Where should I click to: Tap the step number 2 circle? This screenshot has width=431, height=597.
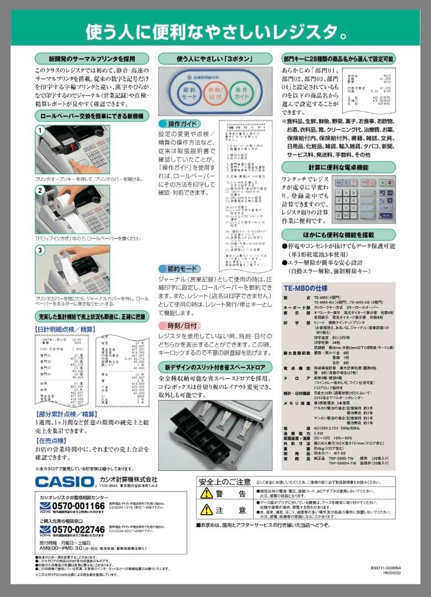40,191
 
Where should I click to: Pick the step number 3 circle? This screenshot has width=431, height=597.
40,250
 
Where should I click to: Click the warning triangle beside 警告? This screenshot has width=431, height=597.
206,493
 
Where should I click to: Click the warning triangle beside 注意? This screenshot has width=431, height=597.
206,510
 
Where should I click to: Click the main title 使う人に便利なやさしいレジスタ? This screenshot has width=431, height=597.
215,32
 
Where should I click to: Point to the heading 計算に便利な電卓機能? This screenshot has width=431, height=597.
338,167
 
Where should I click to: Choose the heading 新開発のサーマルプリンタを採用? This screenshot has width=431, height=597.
92,58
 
